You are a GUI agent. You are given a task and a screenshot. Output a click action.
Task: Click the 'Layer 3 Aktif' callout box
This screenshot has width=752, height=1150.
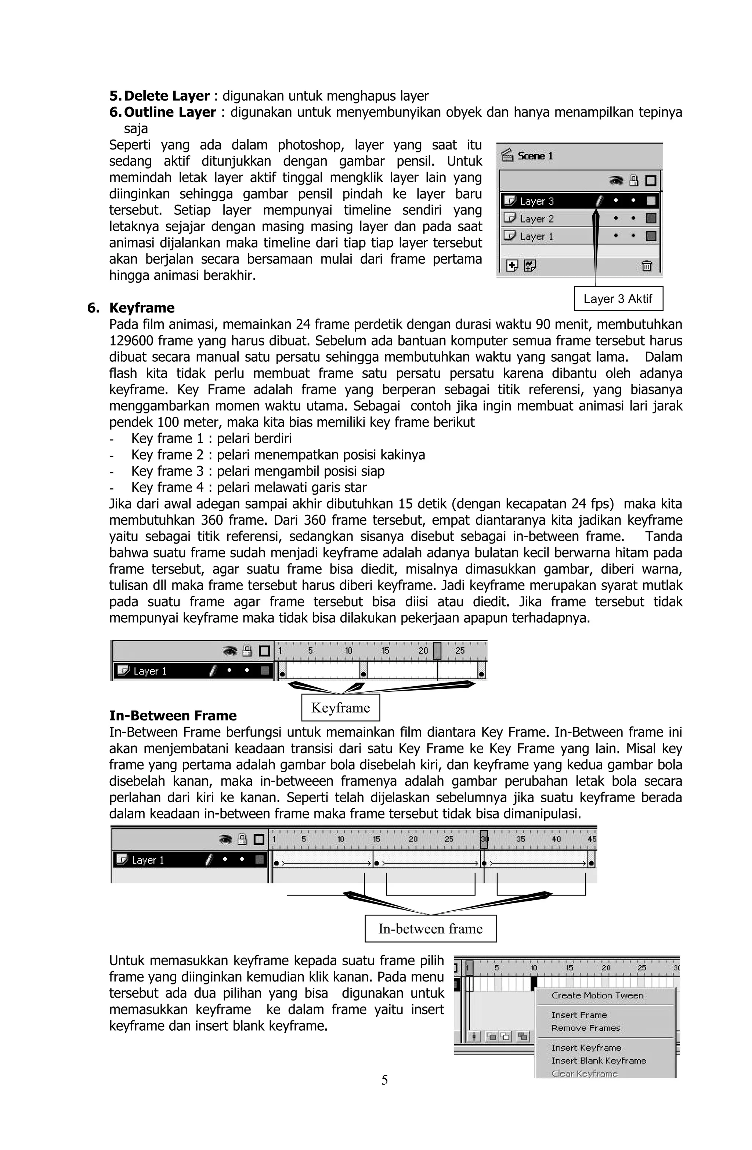617,299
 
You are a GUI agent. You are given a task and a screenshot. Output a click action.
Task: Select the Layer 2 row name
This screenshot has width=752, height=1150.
536,219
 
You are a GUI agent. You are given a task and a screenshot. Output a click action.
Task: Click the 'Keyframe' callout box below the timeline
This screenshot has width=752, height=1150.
340,708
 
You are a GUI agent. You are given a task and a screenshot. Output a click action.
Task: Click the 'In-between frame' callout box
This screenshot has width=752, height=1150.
430,929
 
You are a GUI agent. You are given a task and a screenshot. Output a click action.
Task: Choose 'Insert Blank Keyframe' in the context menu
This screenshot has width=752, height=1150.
598,1061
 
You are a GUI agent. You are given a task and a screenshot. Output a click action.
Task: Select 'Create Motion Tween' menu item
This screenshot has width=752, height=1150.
597,995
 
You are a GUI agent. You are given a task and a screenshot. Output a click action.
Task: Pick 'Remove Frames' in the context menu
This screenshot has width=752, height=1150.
586,1028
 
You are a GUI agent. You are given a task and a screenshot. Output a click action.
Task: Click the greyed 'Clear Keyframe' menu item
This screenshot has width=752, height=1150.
584,1074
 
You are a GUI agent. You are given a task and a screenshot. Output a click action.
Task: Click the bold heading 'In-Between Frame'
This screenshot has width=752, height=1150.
173,716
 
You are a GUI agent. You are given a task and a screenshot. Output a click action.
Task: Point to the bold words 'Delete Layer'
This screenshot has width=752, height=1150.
167,96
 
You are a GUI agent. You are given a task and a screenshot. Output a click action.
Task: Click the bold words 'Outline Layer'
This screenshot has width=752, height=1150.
170,112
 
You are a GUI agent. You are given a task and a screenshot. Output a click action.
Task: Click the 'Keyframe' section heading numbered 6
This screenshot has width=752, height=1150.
142,308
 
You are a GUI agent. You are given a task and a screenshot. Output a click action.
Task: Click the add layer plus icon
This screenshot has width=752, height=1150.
512,266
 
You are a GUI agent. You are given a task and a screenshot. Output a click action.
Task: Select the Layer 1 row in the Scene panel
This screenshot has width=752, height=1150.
536,236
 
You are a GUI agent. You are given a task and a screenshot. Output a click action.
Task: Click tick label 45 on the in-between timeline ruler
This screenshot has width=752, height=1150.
592,839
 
